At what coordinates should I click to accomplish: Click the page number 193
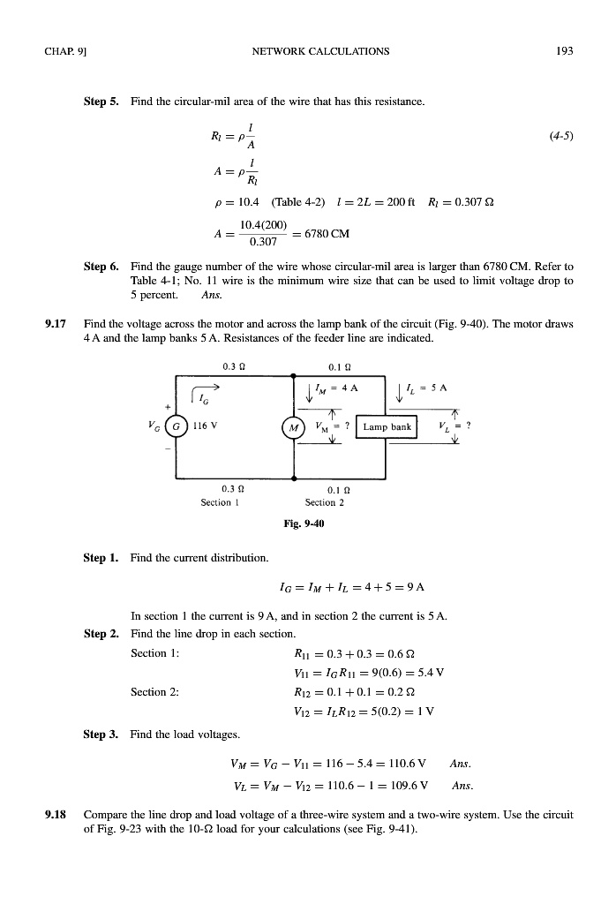pos(566,51)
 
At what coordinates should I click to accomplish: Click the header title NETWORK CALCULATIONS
pos(320,51)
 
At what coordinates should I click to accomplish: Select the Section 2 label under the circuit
pos(324,502)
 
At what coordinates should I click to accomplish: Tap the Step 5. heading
pos(101,102)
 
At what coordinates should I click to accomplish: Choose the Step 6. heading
pos(101,266)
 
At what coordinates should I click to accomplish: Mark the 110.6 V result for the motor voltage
pos(408,762)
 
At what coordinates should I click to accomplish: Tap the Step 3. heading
pos(101,734)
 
